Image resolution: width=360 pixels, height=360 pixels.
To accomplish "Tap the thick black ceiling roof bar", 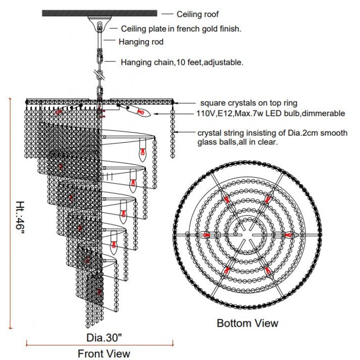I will pos(99,13).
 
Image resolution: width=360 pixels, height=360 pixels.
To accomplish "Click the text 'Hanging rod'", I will pos(141,42).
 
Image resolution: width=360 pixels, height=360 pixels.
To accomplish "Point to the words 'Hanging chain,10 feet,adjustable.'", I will pos(182,63).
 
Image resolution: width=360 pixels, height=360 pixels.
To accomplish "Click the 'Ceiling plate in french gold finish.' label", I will pos(181,29).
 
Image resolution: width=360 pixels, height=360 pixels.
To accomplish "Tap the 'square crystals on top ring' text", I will pos(247,103).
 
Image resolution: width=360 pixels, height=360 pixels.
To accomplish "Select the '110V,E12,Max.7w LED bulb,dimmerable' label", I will pos(270,113).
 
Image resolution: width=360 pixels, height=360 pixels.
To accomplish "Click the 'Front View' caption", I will pos(104,353).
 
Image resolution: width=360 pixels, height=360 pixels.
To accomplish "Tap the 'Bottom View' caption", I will pos(247,323).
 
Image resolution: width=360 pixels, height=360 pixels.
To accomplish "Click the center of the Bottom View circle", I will pos(247,234).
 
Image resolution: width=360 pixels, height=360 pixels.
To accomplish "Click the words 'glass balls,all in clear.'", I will pos(237,142).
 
